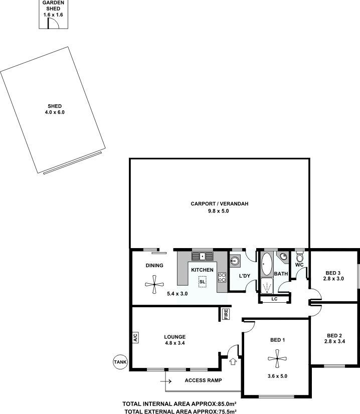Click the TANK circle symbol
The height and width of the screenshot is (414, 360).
click(120, 362)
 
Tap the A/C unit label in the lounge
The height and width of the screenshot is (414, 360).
click(135, 337)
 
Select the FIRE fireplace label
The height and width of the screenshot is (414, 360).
click(226, 314)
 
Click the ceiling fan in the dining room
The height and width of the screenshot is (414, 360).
click(154, 284)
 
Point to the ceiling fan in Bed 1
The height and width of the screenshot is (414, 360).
click(277, 358)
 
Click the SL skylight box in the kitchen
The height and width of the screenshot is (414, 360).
click(202, 282)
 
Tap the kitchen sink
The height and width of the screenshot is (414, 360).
click(203, 256)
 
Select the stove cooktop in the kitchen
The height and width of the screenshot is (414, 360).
click(222, 277)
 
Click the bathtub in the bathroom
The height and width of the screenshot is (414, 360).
click(267, 264)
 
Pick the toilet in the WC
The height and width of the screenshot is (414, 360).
click(299, 257)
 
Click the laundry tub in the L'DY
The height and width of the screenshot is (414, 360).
click(235, 261)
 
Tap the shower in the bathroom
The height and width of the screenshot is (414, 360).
click(267, 286)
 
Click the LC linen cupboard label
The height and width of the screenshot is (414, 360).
click(274, 299)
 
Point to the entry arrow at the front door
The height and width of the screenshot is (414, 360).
click(233, 361)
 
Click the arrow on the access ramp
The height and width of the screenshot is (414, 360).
click(166, 381)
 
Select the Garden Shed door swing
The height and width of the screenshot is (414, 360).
click(53, 24)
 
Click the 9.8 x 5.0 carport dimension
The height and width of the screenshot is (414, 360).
click(219, 211)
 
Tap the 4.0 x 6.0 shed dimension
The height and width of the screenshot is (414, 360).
click(55, 112)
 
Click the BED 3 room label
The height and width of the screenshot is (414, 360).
click(333, 273)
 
